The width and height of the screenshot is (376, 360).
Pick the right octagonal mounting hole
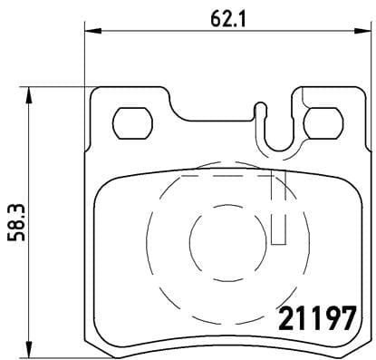(x=321, y=120)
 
